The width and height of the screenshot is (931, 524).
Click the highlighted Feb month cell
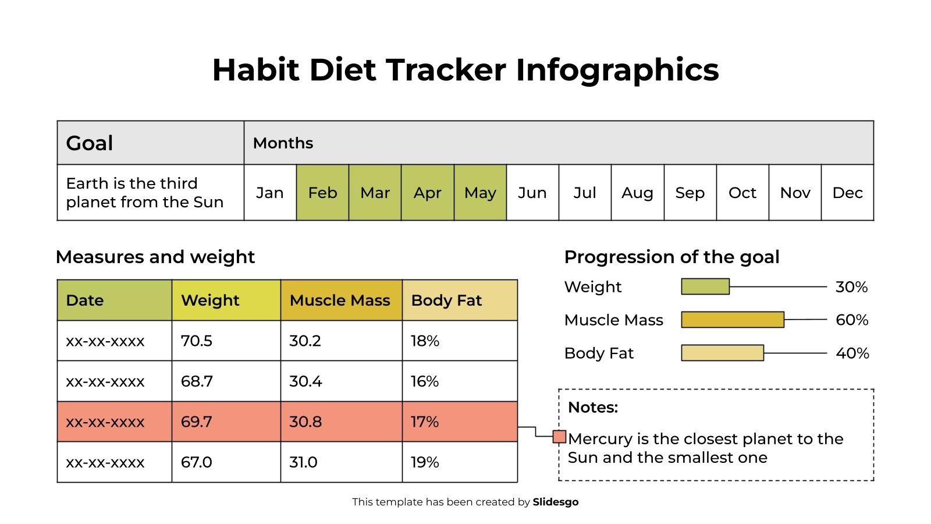pyautogui.click(x=322, y=193)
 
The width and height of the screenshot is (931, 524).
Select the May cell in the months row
pyautogui.click(x=480, y=193)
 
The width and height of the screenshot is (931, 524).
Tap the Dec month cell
pyautogui.click(x=847, y=193)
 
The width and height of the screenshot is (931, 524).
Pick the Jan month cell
pyautogui.click(x=270, y=193)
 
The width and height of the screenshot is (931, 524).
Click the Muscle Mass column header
pyautogui.click(x=340, y=300)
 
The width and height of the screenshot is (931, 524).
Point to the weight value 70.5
pyautogui.click(x=197, y=341)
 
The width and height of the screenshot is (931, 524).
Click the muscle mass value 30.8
pyautogui.click(x=305, y=422)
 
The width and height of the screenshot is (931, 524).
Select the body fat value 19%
pyautogui.click(x=425, y=462)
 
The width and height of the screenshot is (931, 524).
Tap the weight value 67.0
pyautogui.click(x=197, y=462)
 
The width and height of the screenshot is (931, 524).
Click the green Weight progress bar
pyautogui.click(x=705, y=286)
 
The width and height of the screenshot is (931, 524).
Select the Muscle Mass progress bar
pyautogui.click(x=733, y=320)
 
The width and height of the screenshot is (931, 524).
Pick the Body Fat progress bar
pyautogui.click(x=722, y=353)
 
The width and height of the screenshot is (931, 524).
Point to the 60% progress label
pyautogui.click(x=852, y=320)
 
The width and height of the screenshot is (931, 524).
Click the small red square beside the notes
pyautogui.click(x=559, y=437)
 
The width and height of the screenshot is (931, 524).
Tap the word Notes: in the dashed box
pyautogui.click(x=593, y=407)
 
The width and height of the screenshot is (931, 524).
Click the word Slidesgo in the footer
pyautogui.click(x=556, y=502)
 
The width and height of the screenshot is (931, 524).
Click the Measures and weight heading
pyautogui.click(x=155, y=257)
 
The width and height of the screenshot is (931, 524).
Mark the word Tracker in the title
pyautogui.click(x=446, y=69)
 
